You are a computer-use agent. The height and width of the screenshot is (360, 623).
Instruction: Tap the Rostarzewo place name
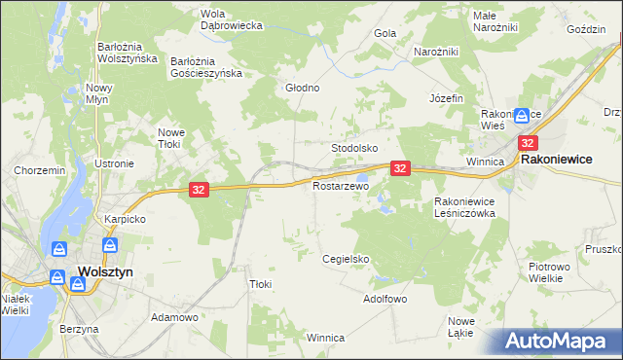[x=341, y=185]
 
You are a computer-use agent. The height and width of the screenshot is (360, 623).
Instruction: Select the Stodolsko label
[x=354, y=148]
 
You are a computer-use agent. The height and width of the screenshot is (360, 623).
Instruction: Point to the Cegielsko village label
[x=347, y=259]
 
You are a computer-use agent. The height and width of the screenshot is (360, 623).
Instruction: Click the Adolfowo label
[x=385, y=299]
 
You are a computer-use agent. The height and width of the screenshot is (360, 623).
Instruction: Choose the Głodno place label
[x=302, y=88]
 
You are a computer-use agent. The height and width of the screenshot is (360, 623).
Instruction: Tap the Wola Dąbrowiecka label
[x=232, y=19]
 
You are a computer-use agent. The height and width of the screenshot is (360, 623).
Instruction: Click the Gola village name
[x=385, y=33]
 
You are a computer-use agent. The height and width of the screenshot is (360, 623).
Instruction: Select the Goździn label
[x=586, y=30]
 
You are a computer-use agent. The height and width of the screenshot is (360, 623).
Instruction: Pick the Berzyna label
[x=79, y=329]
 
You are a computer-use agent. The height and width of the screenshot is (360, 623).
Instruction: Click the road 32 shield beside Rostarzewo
[x=400, y=168]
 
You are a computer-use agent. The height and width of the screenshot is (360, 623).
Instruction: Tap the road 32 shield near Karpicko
[x=198, y=190]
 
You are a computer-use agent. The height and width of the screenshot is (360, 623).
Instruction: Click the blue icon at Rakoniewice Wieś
[x=523, y=115]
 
